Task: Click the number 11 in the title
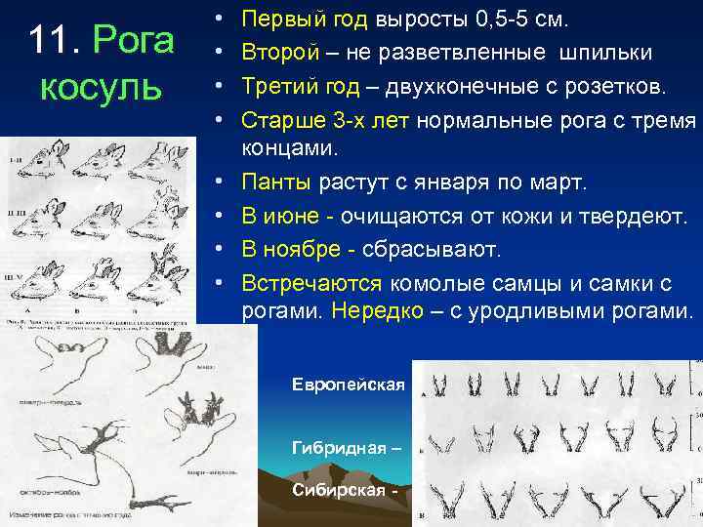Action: [49, 41]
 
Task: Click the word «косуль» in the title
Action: [101, 86]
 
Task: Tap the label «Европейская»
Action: [348, 385]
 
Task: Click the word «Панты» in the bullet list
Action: [276, 182]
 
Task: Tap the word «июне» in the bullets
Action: [290, 216]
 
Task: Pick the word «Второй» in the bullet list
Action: [276, 52]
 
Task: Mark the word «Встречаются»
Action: [312, 283]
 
